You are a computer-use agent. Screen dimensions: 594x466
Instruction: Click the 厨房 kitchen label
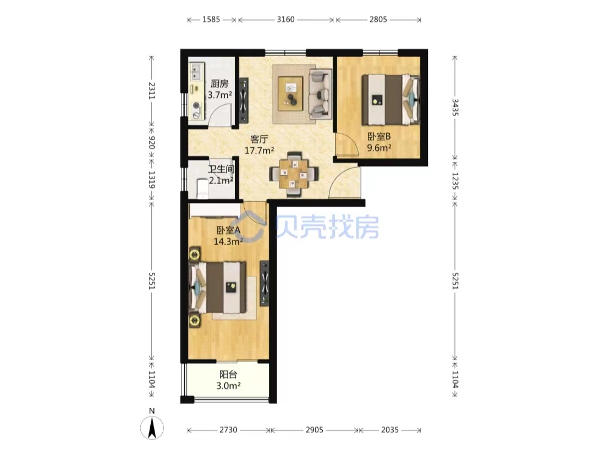(x=219, y=84)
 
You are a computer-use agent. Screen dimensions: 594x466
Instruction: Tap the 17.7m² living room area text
(x=259, y=150)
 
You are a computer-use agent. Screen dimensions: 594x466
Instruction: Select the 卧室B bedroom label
(x=379, y=136)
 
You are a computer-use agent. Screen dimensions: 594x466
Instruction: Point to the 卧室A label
(x=228, y=230)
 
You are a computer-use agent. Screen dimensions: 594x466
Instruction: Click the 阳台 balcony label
(x=228, y=374)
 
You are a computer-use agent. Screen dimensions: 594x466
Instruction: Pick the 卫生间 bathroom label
(x=221, y=169)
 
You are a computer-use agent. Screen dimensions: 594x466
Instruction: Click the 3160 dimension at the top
(x=285, y=19)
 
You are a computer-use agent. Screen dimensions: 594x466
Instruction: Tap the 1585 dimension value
(x=211, y=19)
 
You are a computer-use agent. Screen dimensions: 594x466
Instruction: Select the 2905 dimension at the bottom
(x=315, y=430)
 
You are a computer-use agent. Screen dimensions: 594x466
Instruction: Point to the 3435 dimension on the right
(x=455, y=108)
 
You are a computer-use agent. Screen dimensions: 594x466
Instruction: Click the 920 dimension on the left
(x=152, y=143)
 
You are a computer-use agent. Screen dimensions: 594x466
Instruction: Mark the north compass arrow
(x=152, y=428)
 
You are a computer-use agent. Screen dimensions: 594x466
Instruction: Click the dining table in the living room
(x=294, y=174)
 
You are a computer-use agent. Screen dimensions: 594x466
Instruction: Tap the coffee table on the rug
(x=290, y=94)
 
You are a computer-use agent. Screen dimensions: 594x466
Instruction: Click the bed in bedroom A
(x=218, y=287)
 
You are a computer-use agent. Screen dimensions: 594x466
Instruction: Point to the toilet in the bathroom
(x=202, y=188)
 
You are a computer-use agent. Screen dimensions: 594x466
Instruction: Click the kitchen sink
(x=196, y=72)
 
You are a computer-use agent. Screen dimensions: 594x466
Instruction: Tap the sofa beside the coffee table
(x=321, y=93)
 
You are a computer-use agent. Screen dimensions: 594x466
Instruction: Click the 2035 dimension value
(x=390, y=430)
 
